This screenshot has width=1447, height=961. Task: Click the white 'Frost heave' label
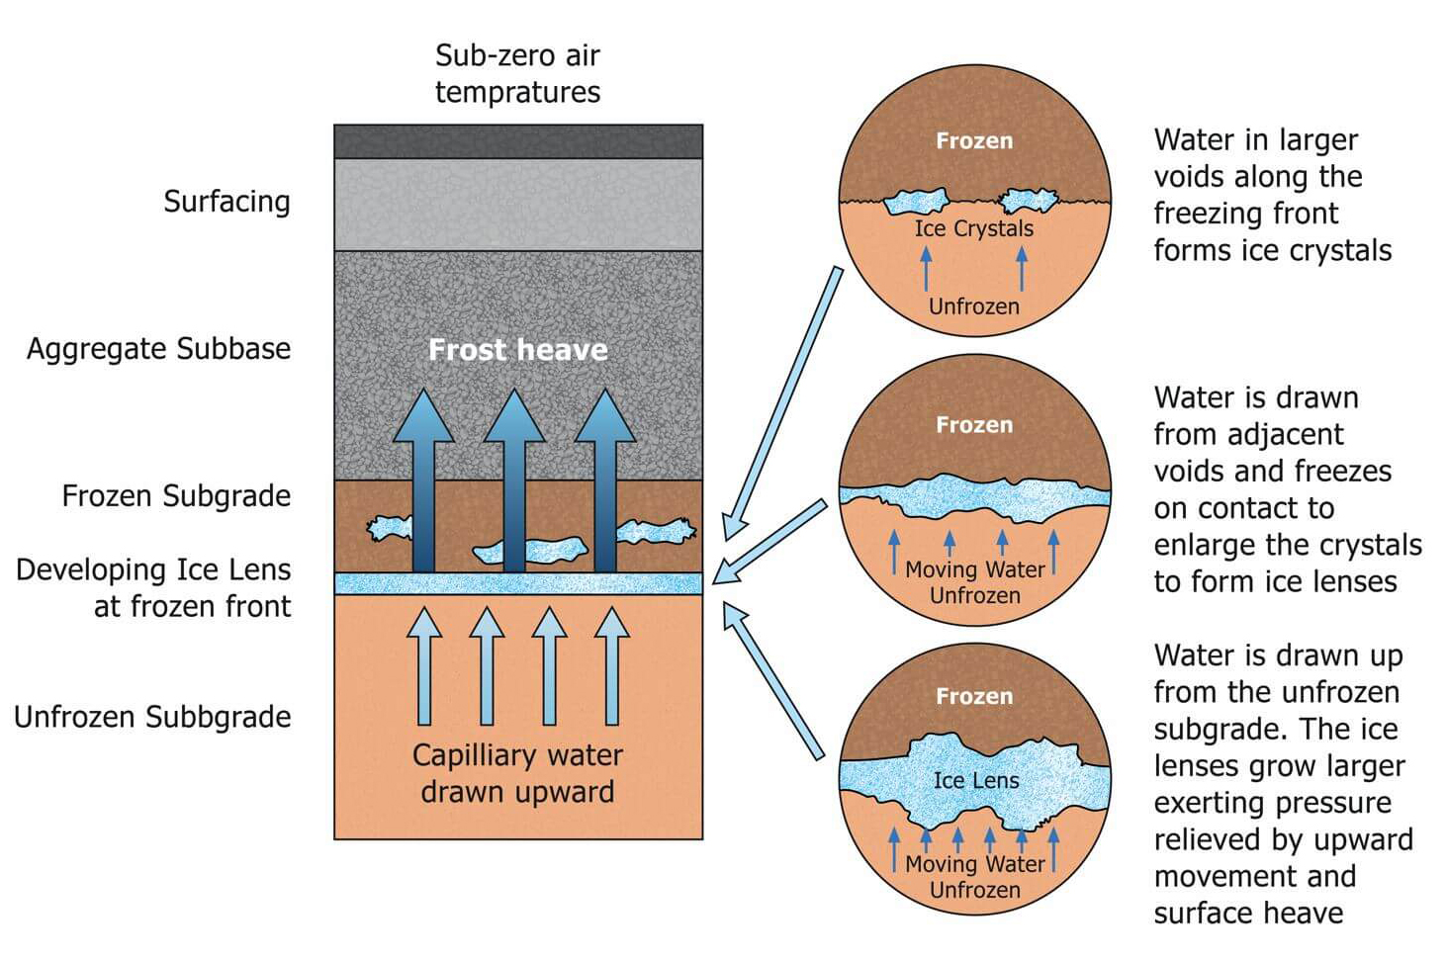click(x=517, y=349)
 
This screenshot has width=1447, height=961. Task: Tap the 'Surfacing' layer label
click(x=226, y=202)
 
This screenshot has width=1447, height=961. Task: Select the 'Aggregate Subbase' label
click(x=158, y=349)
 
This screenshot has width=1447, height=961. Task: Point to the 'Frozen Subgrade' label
click(x=176, y=495)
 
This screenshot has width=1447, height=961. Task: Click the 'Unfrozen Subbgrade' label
click(x=152, y=717)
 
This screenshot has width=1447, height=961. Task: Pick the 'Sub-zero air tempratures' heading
click(x=517, y=73)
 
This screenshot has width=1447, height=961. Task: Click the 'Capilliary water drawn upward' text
click(x=517, y=773)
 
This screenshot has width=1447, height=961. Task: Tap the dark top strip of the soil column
click(x=517, y=141)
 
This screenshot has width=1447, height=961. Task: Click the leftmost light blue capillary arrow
click(x=424, y=667)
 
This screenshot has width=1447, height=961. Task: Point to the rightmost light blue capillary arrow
click(x=612, y=667)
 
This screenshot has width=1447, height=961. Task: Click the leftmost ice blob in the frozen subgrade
click(x=390, y=528)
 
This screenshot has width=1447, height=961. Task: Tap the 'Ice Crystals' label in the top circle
click(x=973, y=228)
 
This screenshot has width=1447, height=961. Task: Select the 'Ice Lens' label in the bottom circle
click(x=975, y=780)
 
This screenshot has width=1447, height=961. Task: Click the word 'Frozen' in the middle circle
click(x=974, y=425)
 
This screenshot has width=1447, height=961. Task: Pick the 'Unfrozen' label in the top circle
click(x=973, y=306)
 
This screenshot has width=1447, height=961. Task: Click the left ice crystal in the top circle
click(x=915, y=203)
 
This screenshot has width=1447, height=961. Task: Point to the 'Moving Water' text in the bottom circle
click(x=974, y=864)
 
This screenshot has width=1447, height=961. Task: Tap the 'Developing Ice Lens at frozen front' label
click(x=154, y=587)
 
